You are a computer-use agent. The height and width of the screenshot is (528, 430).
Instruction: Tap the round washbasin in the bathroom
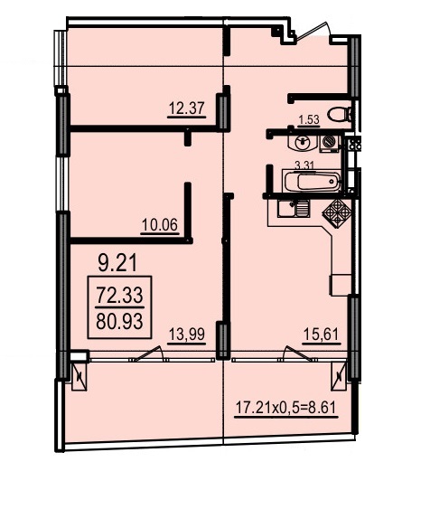click(x=303, y=143)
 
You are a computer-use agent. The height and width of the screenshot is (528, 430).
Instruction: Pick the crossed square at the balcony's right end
click(x=337, y=374)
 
